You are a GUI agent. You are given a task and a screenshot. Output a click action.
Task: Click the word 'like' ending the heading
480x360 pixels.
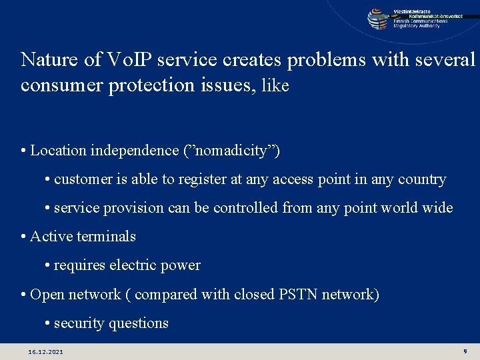275,86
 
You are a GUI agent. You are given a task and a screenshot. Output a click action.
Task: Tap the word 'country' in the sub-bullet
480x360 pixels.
422,179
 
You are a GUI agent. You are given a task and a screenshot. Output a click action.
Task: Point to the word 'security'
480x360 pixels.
79,323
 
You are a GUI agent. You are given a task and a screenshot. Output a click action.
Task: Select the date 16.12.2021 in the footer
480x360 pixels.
45,351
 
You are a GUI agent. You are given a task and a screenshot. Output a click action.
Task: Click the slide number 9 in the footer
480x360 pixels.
464,351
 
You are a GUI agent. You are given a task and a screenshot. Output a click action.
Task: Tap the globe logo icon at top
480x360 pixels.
377,18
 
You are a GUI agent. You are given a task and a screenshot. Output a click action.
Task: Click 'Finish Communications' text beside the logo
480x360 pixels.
420,21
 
